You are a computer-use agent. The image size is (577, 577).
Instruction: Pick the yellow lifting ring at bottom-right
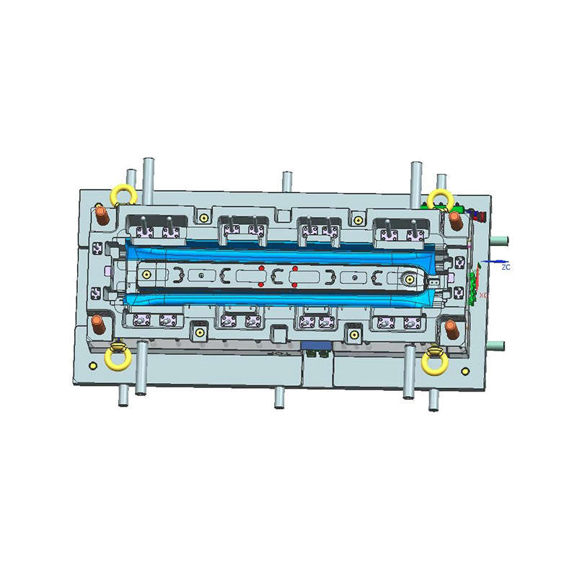pos(435,361)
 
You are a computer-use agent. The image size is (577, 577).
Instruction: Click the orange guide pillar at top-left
pos(102,215)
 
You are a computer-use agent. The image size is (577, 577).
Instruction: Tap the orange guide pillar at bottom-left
pos(98,325)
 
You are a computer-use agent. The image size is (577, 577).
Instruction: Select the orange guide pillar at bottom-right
pos(452,329)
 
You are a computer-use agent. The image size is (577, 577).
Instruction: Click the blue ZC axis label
pos(506,267)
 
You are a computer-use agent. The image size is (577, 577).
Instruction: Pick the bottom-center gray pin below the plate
pos(279,397)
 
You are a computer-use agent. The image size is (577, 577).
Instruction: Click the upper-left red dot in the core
pos(262,269)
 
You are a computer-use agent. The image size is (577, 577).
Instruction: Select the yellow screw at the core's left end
pos(147,275)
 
